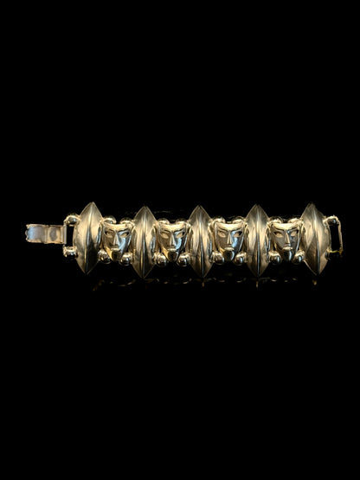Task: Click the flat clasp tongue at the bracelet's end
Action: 43,234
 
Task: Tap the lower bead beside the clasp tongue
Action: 68,251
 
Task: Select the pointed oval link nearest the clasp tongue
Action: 87,238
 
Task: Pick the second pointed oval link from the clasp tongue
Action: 144,241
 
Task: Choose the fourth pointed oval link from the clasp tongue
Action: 257,240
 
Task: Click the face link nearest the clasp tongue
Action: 116,240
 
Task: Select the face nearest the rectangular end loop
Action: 286,240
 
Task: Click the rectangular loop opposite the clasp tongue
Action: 334,234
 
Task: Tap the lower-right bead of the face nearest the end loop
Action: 299,256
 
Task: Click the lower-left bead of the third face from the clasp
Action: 215,258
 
